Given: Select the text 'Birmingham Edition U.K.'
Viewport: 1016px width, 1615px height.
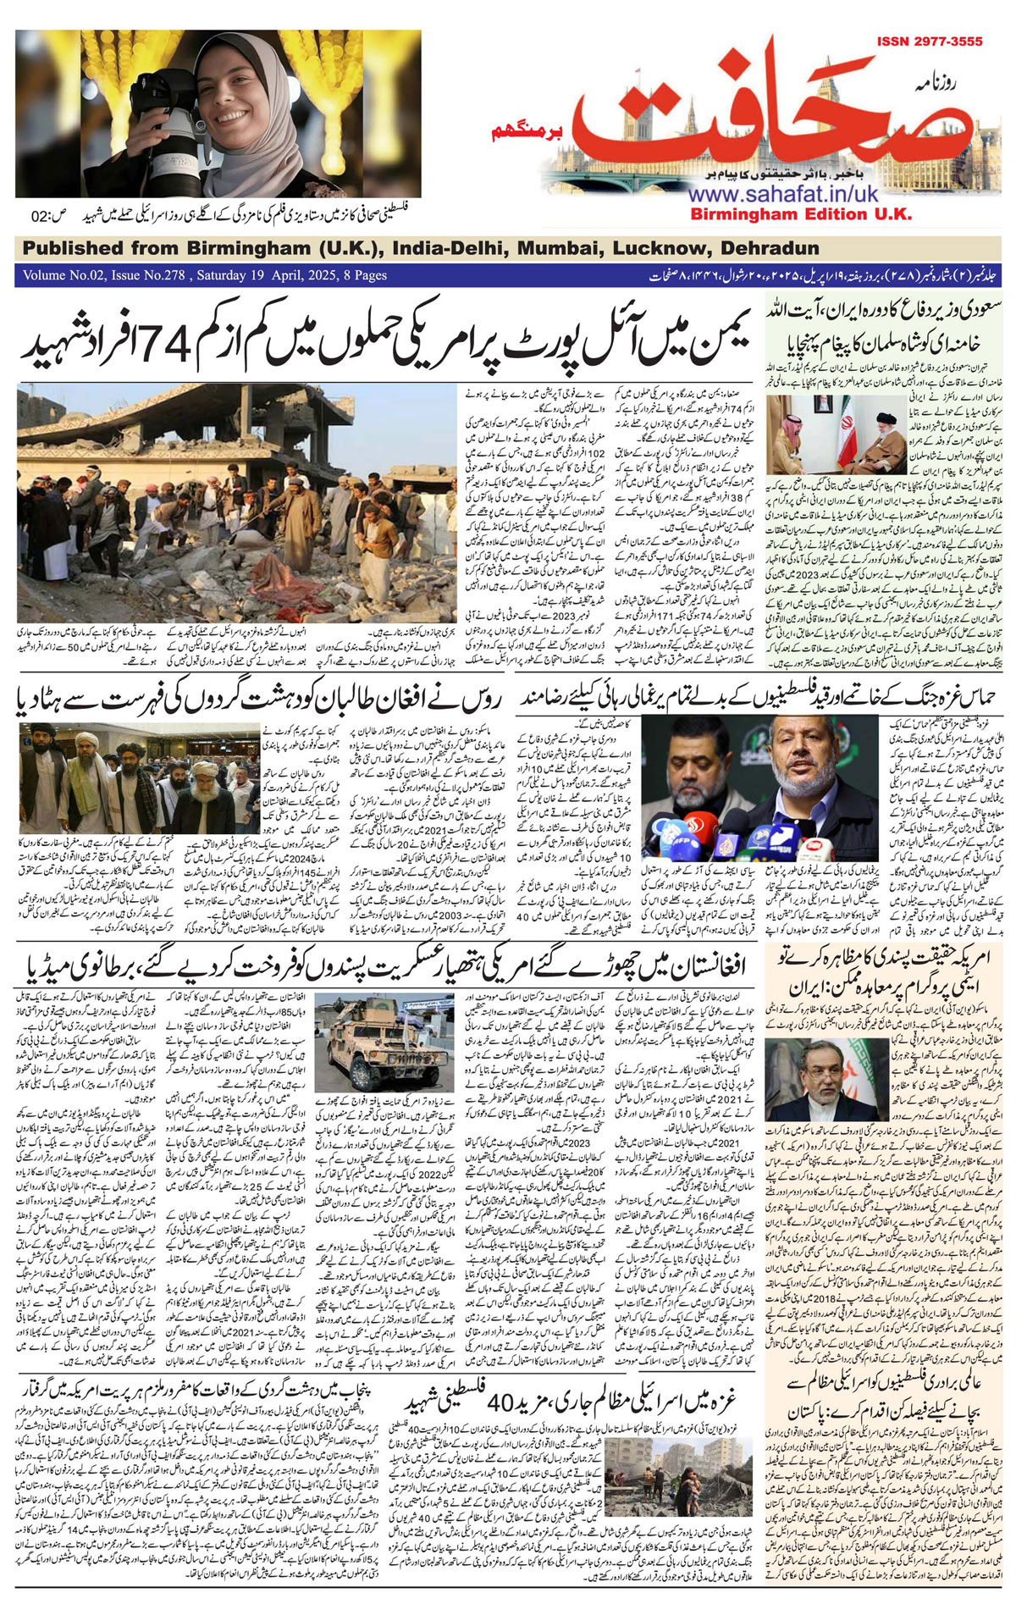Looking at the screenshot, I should pos(800,214).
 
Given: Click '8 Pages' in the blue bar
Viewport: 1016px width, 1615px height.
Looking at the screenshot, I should pos(359,275).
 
